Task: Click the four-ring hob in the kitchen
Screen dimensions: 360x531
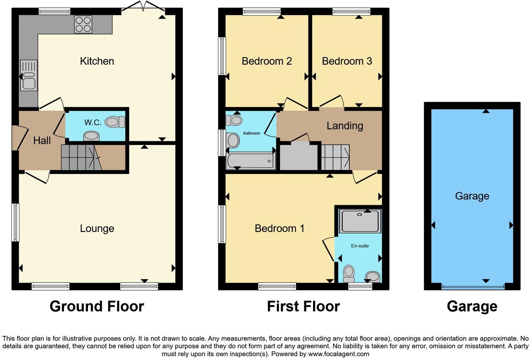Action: click(x=83, y=24)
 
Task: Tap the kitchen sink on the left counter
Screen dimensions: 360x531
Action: click(x=29, y=76)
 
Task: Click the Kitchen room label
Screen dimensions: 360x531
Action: click(x=97, y=61)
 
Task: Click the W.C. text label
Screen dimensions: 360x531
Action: click(x=93, y=122)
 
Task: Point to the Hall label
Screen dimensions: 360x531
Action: click(x=42, y=141)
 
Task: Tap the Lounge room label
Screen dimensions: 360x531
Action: click(x=97, y=228)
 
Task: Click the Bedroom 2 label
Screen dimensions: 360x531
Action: click(x=267, y=61)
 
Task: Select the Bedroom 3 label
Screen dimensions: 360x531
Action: click(x=347, y=61)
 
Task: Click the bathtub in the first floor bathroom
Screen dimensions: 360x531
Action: click(x=250, y=161)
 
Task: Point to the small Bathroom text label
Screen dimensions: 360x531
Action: click(x=252, y=133)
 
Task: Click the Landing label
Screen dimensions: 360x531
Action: click(x=344, y=126)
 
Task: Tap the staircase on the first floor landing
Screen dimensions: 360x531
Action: click(x=335, y=157)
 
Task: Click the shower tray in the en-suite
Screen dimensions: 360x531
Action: click(x=360, y=221)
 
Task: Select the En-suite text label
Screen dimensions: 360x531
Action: click(x=360, y=246)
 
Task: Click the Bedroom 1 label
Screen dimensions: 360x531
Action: click(x=279, y=228)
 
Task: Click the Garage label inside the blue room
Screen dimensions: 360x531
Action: click(x=472, y=196)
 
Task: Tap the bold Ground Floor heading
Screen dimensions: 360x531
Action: click(x=97, y=306)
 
